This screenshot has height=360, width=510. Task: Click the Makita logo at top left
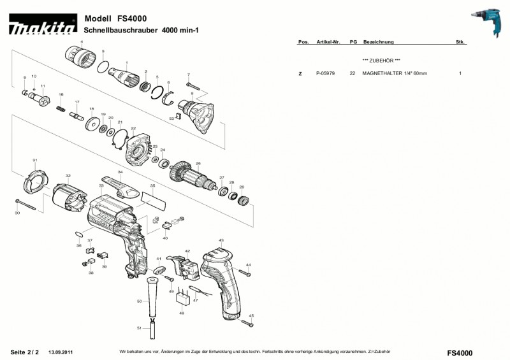[42, 27]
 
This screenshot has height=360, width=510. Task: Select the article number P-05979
[326, 74]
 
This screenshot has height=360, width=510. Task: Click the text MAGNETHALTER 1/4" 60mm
[395, 74]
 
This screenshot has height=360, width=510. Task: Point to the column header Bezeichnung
[378, 42]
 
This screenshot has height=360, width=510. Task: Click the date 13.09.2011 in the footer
[61, 352]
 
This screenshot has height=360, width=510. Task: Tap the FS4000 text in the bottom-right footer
[460, 352]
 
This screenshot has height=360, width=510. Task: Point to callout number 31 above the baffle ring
[35, 160]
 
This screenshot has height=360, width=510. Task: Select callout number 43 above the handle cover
[221, 240]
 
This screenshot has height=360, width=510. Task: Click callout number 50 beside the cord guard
[139, 301]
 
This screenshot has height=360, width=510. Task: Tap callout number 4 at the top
[82, 41]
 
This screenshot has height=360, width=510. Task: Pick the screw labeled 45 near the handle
[247, 324]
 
